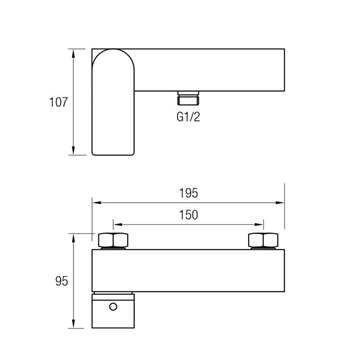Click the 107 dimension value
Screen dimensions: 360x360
click(x=58, y=102)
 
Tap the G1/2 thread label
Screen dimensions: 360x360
click(x=188, y=117)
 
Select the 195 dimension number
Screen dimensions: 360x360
click(x=189, y=193)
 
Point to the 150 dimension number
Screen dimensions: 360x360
click(x=189, y=215)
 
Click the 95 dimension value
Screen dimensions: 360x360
click(x=62, y=281)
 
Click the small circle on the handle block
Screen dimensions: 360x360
click(x=113, y=307)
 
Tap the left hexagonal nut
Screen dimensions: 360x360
click(x=113, y=240)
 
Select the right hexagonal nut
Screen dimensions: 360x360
click(x=263, y=240)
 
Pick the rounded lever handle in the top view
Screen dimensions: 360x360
click(x=113, y=102)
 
